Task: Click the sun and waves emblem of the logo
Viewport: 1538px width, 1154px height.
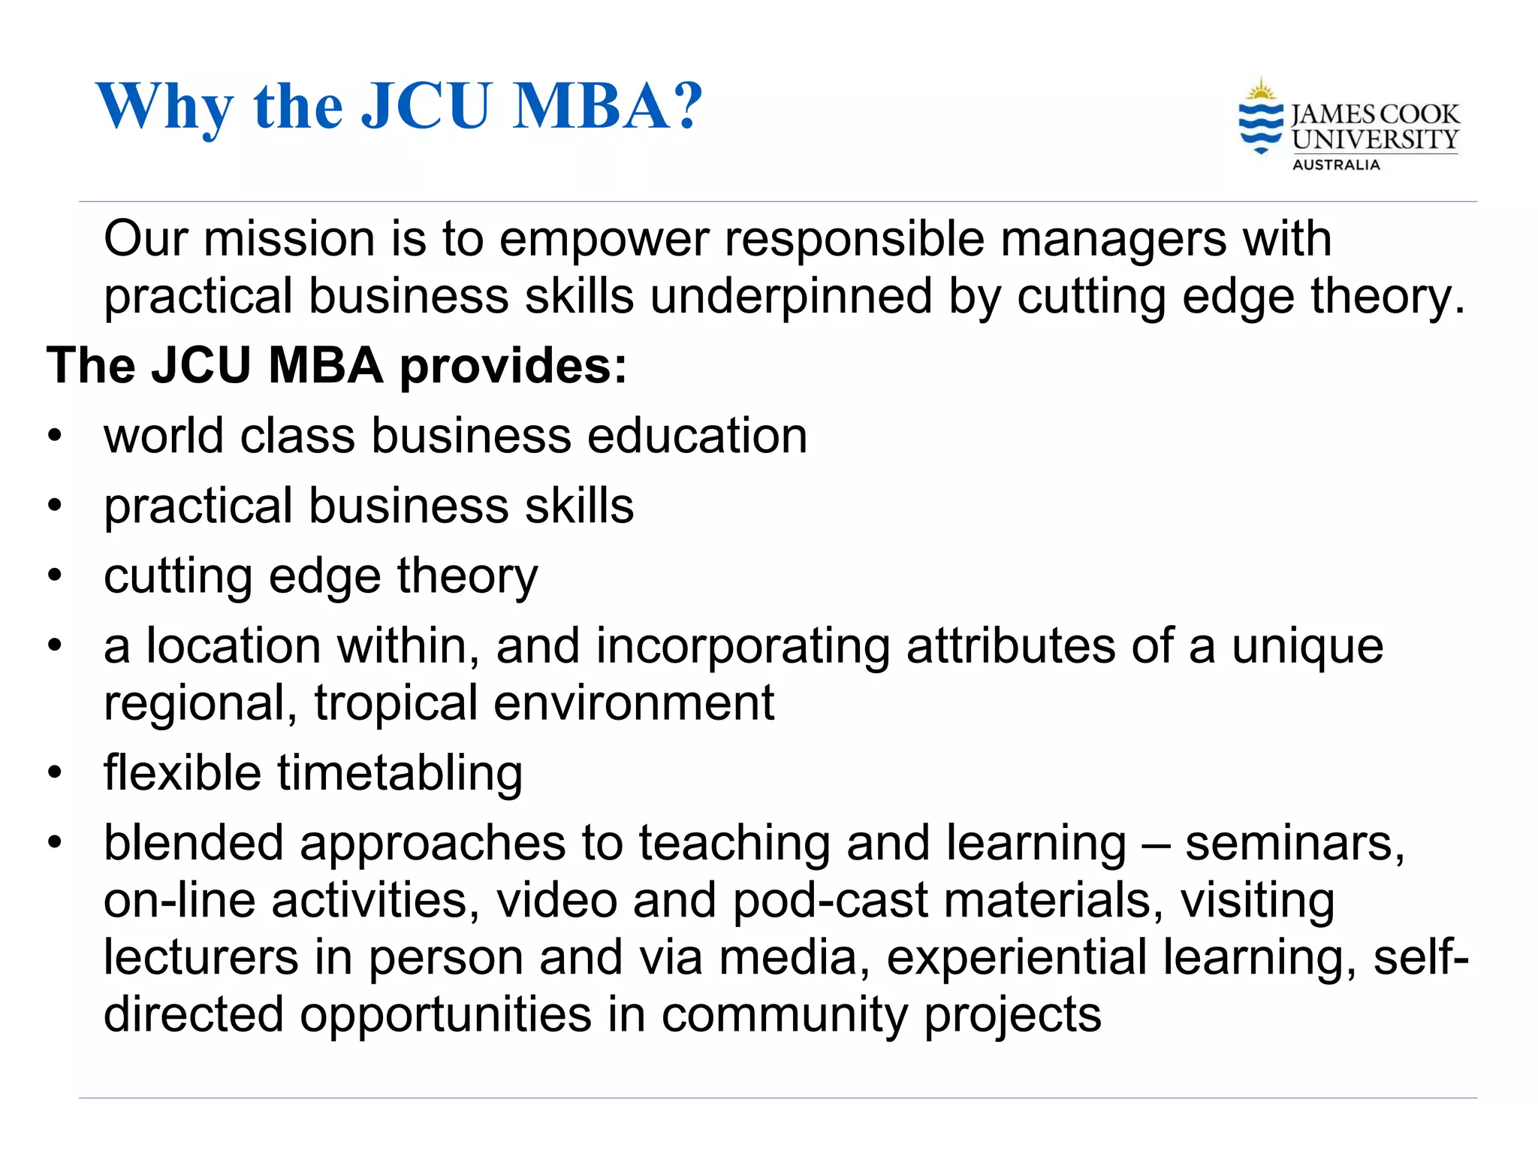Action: click(x=1261, y=116)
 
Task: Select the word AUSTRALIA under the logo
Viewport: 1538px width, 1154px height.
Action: click(x=1336, y=165)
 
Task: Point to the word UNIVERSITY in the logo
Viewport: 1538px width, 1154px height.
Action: click(x=1375, y=140)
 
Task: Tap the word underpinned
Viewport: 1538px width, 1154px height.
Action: click(x=791, y=298)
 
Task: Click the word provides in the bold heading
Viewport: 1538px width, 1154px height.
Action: click(x=513, y=367)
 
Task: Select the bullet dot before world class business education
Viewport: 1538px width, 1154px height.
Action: click(x=54, y=436)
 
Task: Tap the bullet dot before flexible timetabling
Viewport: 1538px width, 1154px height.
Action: click(x=54, y=772)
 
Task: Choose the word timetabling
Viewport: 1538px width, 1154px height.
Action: click(x=400, y=774)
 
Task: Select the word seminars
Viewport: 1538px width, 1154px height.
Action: click(x=1294, y=844)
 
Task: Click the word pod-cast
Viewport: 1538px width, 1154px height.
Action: click(x=830, y=901)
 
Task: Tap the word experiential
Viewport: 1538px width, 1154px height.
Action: click(x=1017, y=958)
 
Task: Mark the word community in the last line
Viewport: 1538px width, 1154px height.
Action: click(x=784, y=1016)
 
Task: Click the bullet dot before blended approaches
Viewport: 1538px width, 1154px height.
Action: click(x=54, y=842)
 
